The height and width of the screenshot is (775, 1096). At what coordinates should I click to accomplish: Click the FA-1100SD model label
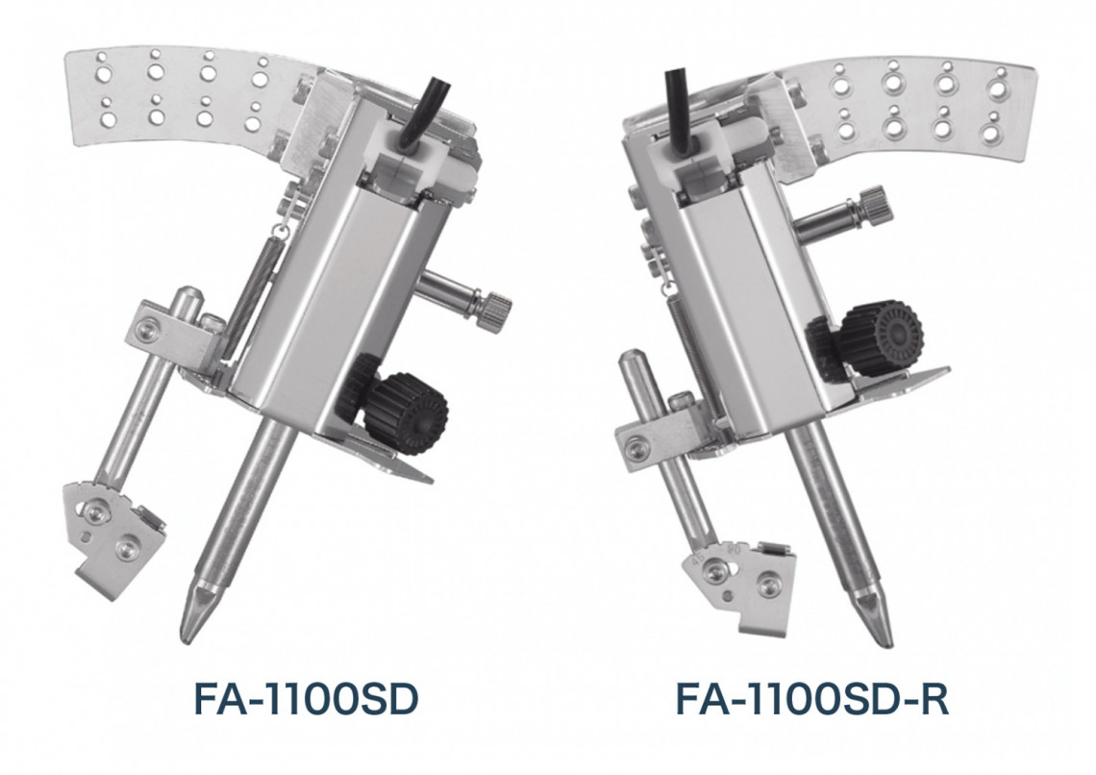coord(306,700)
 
